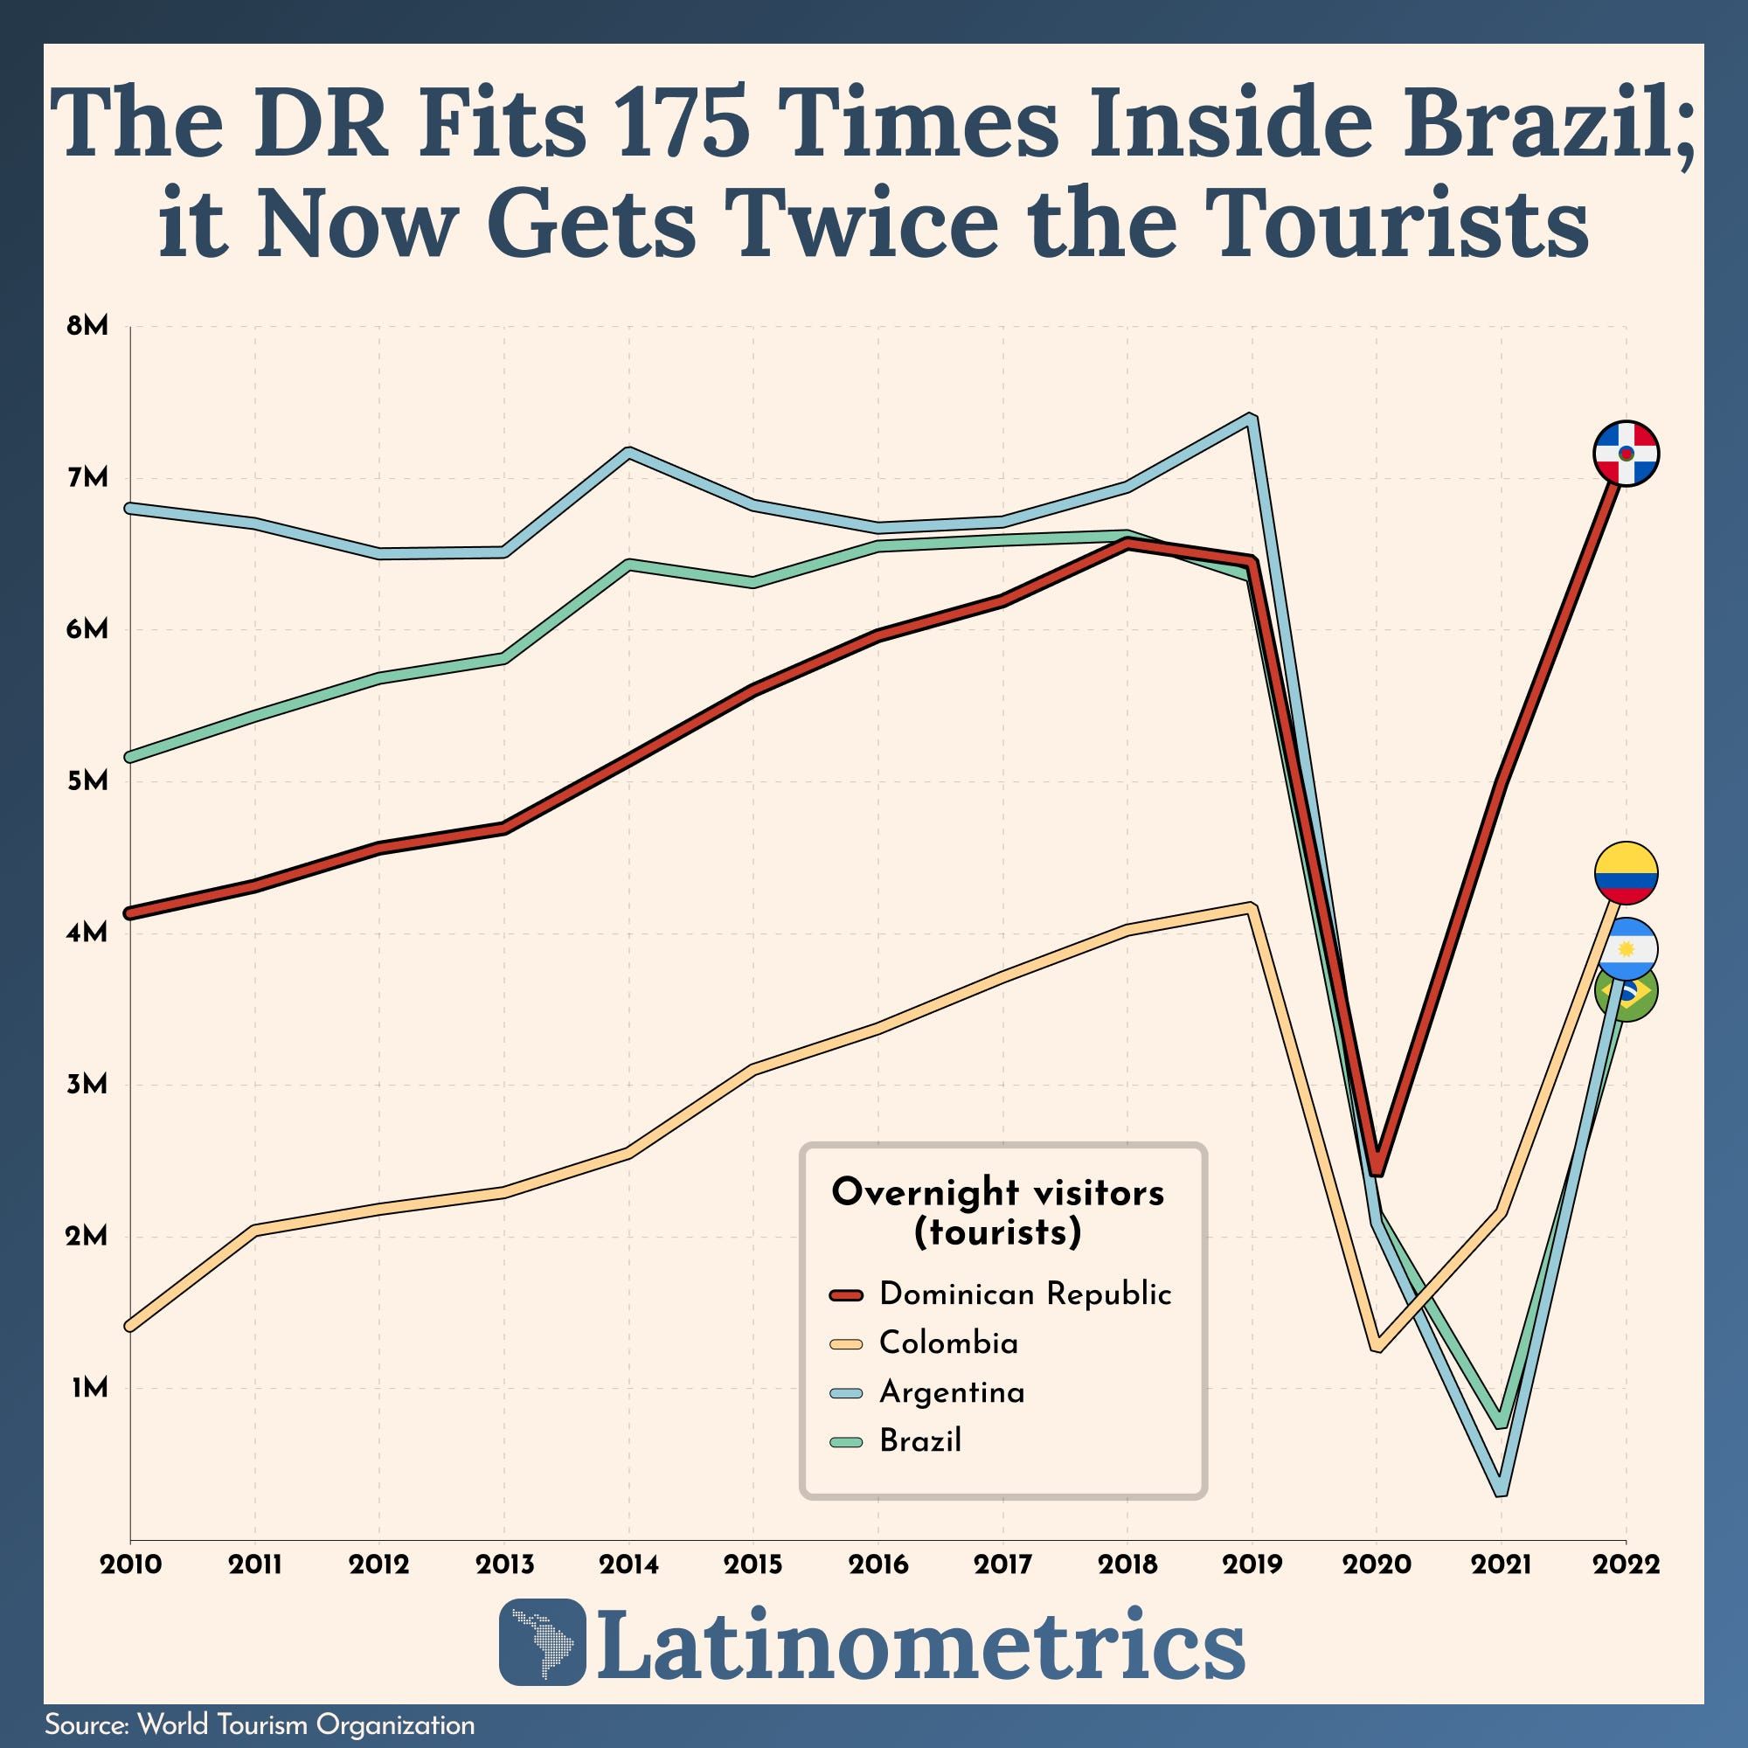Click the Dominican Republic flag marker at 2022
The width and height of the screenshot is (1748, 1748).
1626,453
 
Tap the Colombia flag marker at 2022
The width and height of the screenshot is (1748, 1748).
1626,874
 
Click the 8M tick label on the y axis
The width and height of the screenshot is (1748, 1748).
87,327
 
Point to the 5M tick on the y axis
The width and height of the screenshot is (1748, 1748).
87,780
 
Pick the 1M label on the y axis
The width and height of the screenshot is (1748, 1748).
89,1387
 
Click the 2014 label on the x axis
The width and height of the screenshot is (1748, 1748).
628,1564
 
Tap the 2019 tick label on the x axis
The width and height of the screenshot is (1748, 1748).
1252,1564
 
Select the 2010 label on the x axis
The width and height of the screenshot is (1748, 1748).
130,1564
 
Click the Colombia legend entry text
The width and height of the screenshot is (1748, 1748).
948,1342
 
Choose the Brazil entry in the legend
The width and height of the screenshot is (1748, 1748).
920,1440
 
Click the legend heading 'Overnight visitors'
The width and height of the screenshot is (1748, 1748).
998,1192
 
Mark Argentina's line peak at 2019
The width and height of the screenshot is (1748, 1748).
1251,419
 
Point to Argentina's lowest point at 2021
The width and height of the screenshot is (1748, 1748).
1501,1489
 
